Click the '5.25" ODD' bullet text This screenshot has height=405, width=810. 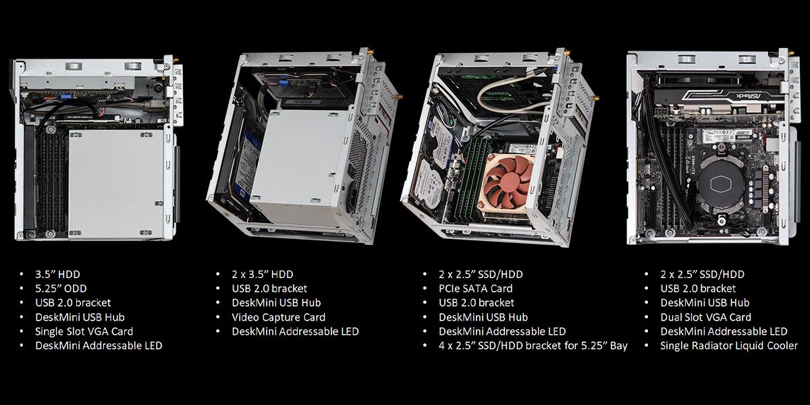click(x=61, y=288)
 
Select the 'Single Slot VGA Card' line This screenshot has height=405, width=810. click(x=84, y=331)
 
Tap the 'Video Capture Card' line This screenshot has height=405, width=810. click(x=278, y=317)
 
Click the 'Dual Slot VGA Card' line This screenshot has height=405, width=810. click(x=705, y=317)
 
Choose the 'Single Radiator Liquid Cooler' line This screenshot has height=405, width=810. click(x=729, y=346)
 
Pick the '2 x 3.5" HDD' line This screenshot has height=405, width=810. click(x=263, y=274)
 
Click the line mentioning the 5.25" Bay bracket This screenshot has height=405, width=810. click(x=533, y=346)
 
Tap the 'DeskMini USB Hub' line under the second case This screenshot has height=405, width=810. click(x=276, y=302)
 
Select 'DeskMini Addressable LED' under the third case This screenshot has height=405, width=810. click(x=502, y=331)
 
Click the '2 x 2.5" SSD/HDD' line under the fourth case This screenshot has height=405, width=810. click(x=702, y=274)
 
